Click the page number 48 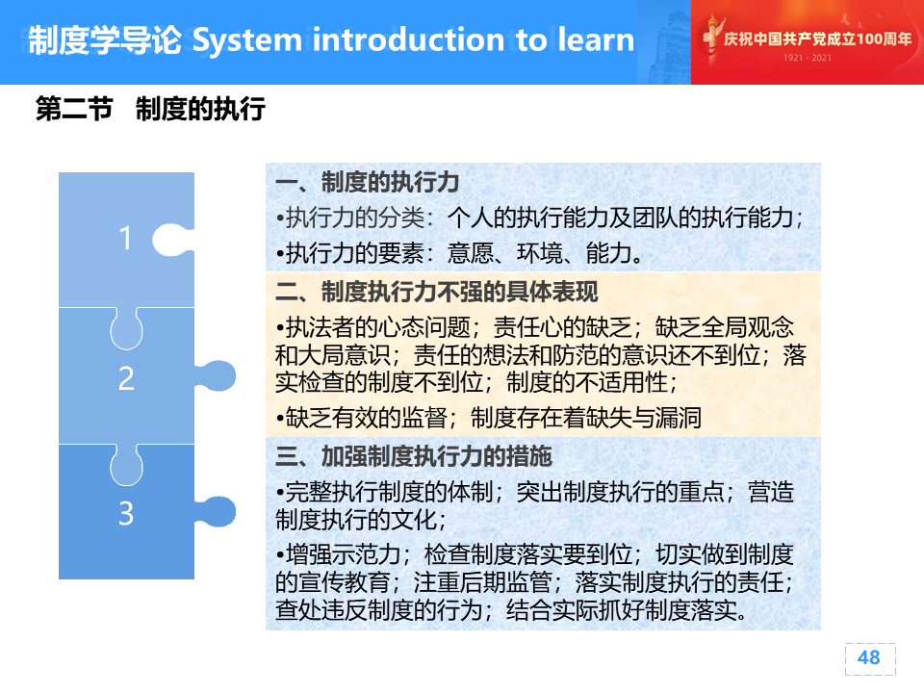[x=868, y=657]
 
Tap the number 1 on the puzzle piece [x=125, y=239]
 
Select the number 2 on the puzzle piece [x=126, y=378]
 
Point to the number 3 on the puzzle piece [x=126, y=513]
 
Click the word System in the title [x=247, y=40]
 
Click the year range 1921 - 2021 [x=807, y=58]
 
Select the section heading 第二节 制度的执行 [x=150, y=109]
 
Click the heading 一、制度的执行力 [x=367, y=182]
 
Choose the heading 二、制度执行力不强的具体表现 [x=436, y=292]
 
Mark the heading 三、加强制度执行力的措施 [x=413, y=456]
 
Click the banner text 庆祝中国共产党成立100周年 [x=817, y=38]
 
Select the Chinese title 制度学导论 [x=105, y=40]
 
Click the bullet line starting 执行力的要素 [x=460, y=253]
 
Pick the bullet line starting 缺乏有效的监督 [x=489, y=418]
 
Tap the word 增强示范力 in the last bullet [x=343, y=554]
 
